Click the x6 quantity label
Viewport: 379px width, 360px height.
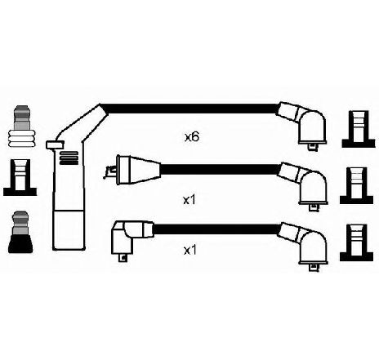tap(192, 137)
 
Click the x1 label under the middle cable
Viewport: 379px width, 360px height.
tap(189, 200)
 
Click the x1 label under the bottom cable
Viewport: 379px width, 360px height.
tap(189, 251)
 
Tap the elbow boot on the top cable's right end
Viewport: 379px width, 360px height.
tap(305, 124)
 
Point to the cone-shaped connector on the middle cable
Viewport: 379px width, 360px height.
tap(136, 170)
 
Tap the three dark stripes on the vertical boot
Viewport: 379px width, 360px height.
tap(69, 158)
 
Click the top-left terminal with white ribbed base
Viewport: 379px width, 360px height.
tap(21, 126)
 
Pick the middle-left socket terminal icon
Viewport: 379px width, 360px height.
tap(20, 177)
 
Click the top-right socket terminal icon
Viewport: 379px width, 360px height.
tap(359, 129)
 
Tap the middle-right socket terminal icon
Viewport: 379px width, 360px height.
tap(356, 185)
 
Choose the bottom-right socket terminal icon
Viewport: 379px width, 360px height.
tap(356, 242)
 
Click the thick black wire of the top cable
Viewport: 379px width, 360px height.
tap(190, 109)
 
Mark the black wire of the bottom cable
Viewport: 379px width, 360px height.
tap(217, 229)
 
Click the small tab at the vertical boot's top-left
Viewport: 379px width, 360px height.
tap(56, 144)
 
